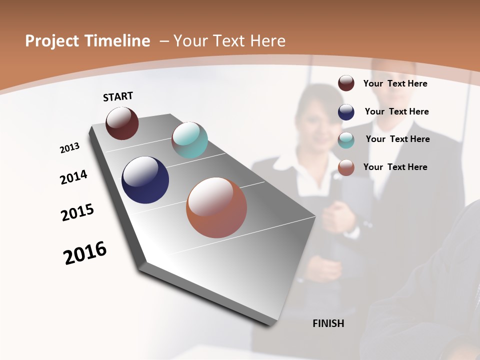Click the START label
coord(118,96)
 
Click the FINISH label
coord(328,323)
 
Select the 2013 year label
coord(70,148)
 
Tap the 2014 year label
coord(74,177)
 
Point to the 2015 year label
coord(77,212)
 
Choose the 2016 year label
coord(85,253)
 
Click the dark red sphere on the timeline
coord(122,123)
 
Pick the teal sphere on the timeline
coord(189,140)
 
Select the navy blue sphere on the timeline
coord(145,180)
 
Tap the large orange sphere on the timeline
coord(216,207)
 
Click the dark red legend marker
coord(346,83)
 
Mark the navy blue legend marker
coord(346,112)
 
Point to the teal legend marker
coord(346,140)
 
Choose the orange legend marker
coord(346,168)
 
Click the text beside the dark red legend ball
coord(395,84)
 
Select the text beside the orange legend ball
coord(395,167)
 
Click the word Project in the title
coord(51,41)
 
